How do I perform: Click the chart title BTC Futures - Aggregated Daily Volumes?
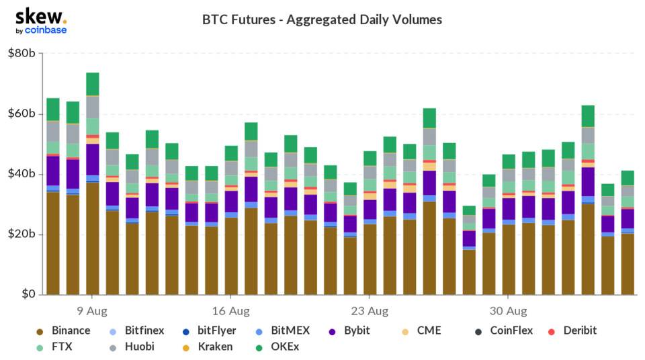pos(322,19)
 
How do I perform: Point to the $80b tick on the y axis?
pos(21,53)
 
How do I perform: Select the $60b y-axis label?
pos(21,114)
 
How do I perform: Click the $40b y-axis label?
pos(21,174)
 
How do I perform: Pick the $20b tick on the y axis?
pos(21,234)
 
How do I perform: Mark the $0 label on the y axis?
pos(26,295)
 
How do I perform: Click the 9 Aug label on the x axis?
pos(92,311)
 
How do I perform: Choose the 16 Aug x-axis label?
pos(230,311)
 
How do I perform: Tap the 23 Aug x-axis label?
pos(370,311)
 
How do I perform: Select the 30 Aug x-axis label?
pos(508,311)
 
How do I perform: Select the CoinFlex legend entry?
pos(511,330)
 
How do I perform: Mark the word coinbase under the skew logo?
pos(46,30)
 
